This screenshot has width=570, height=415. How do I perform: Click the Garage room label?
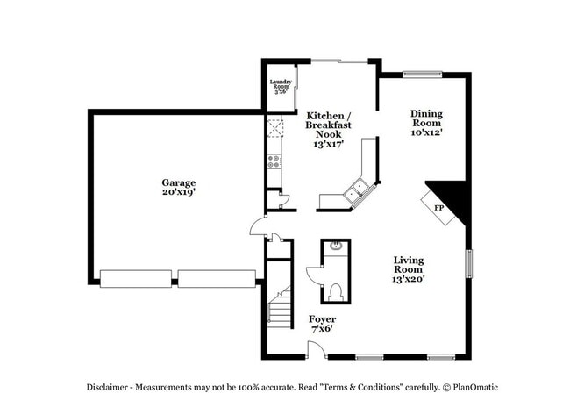pyautogui.click(x=177, y=182)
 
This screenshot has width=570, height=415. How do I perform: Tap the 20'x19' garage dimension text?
pyautogui.click(x=177, y=191)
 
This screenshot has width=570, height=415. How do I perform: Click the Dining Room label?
pyautogui.click(x=426, y=118)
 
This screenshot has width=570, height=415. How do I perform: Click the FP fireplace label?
pyautogui.click(x=440, y=208)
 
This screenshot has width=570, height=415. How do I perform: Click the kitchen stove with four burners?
pyautogui.click(x=274, y=161)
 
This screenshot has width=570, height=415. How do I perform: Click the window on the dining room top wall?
pyautogui.click(x=422, y=75)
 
